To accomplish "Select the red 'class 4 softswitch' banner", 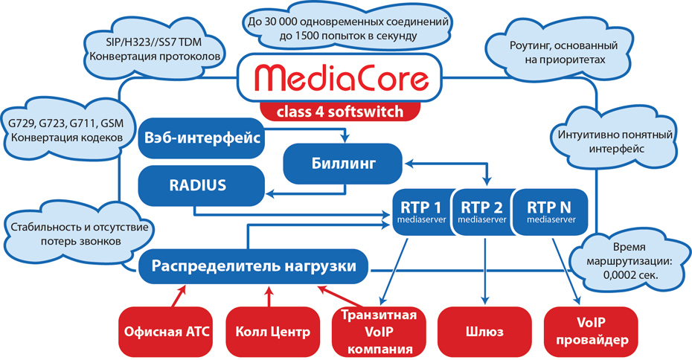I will point(340,112).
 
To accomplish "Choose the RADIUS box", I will point(202,185).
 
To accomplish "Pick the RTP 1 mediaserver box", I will point(421,211).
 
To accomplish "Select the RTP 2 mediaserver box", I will point(482,211).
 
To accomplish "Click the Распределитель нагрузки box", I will point(256,266).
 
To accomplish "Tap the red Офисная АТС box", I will point(165,330).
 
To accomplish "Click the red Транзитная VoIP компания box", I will point(379,331).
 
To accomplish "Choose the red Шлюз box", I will point(484,330).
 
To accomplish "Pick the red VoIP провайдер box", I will point(591,330).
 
